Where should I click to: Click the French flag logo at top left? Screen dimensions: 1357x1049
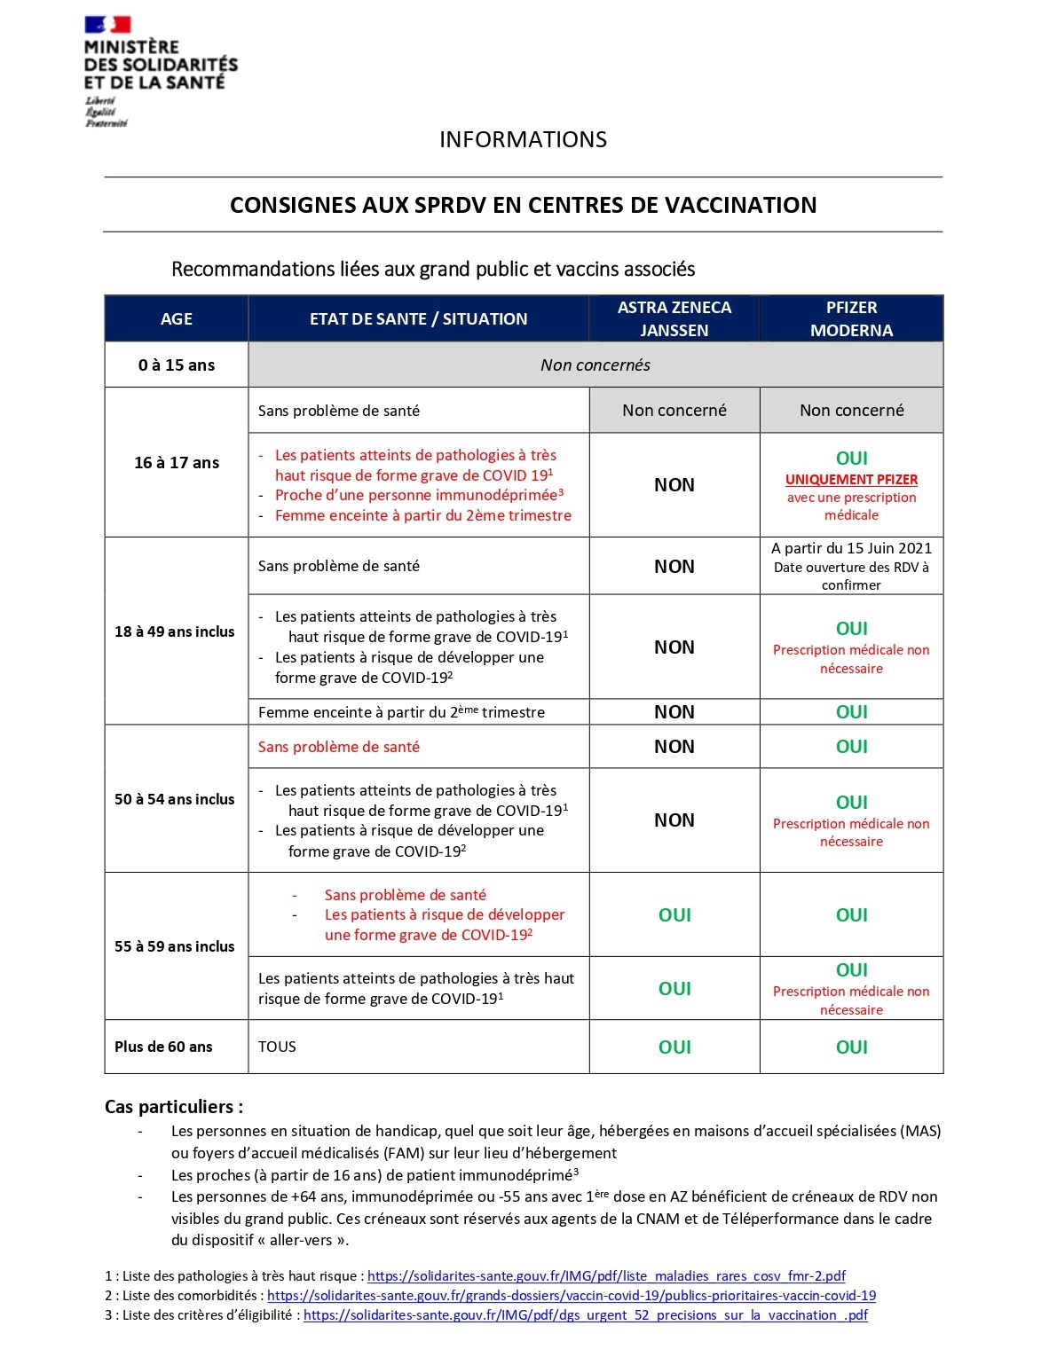tap(107, 25)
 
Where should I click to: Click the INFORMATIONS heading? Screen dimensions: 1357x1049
tap(523, 140)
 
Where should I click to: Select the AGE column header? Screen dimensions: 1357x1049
tap(176, 319)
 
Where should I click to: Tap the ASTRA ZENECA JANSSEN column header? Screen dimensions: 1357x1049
tap(674, 319)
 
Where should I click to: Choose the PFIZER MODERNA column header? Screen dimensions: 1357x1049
tap(851, 319)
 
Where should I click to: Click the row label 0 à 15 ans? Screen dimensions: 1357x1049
tap(176, 365)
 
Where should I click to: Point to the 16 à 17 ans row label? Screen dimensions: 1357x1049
tap(176, 463)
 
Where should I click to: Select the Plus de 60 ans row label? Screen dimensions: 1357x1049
tap(163, 1047)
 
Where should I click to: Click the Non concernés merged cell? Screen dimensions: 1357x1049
tap(595, 365)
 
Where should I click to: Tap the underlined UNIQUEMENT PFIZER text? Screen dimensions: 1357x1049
tap(851, 480)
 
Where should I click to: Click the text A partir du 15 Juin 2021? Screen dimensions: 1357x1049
tap(851, 548)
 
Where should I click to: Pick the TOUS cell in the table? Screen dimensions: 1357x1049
tap(277, 1047)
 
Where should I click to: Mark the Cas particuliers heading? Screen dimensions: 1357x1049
tap(173, 1107)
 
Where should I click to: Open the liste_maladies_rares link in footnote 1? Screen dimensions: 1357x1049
tap(606, 1276)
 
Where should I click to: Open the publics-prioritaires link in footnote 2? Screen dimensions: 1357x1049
tap(572, 1296)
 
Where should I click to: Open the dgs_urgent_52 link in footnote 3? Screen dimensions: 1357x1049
tap(586, 1315)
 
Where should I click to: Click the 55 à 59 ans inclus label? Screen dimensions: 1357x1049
tap(174, 946)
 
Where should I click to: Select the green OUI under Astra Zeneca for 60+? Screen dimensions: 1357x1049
tap(674, 1047)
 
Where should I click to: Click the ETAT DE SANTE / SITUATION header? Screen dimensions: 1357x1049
tap(418, 319)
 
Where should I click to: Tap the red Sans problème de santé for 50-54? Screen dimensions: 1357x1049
tap(338, 747)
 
